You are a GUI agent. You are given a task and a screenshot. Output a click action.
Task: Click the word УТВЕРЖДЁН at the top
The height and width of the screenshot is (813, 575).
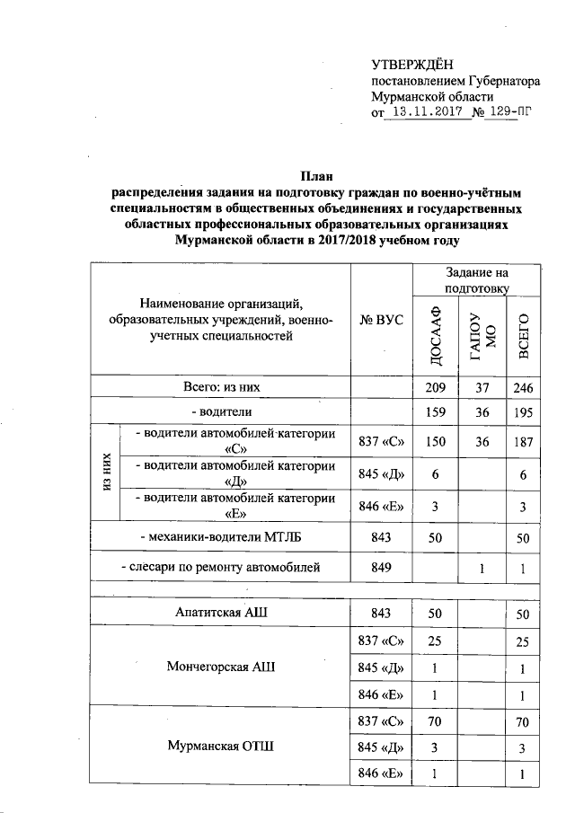[413, 63]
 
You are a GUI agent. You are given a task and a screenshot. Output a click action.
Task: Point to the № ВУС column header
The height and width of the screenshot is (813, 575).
[380, 321]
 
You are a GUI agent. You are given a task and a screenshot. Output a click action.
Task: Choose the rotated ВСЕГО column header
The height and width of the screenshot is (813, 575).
[521, 338]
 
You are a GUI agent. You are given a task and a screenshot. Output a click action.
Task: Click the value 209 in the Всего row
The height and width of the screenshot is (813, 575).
[435, 388]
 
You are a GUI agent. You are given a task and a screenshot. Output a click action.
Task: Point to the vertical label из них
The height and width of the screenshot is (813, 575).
[107, 473]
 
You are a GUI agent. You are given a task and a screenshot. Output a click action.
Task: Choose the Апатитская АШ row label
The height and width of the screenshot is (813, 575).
[221, 613]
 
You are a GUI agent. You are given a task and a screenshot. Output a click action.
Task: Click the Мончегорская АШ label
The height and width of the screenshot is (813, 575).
[221, 667]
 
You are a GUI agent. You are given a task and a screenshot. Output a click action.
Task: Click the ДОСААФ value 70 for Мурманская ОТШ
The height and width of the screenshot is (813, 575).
[435, 721]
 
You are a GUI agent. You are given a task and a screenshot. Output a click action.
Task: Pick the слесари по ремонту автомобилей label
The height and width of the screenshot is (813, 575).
[221, 567]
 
